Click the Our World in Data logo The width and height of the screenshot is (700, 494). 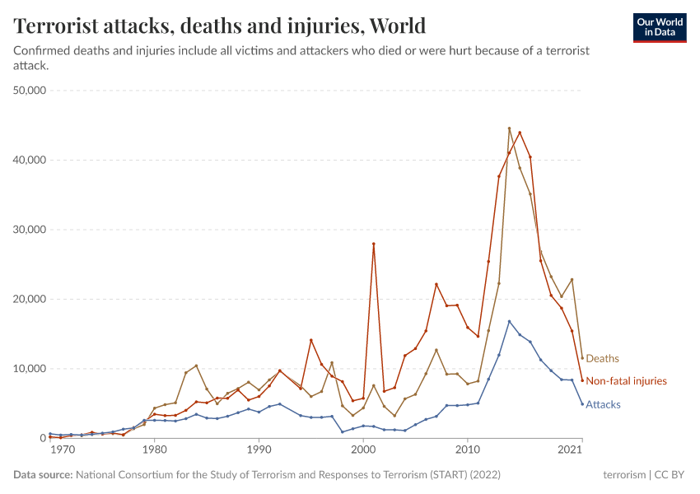[659, 27]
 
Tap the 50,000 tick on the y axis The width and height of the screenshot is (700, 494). [29, 90]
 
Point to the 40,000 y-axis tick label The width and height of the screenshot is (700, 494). [29, 160]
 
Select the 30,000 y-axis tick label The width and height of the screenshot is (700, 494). [29, 229]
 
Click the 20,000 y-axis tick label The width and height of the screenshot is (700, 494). [29, 299]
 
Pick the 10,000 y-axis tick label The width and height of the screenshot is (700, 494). [29, 368]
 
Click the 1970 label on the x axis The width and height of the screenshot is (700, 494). [61, 450]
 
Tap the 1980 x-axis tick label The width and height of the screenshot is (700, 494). [154, 450]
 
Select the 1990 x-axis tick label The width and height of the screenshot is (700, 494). [259, 450]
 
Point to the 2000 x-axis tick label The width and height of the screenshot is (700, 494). [363, 450]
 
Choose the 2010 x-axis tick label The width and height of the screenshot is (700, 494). [468, 450]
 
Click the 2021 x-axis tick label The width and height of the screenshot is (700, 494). [571, 450]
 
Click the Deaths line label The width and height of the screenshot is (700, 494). [602, 359]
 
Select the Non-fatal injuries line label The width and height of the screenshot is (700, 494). [626, 381]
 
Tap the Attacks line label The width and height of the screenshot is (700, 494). [603, 404]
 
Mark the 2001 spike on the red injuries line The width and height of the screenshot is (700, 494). [374, 244]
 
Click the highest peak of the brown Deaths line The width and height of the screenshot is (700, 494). [509, 128]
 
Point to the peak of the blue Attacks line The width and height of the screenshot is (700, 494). [509, 321]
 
